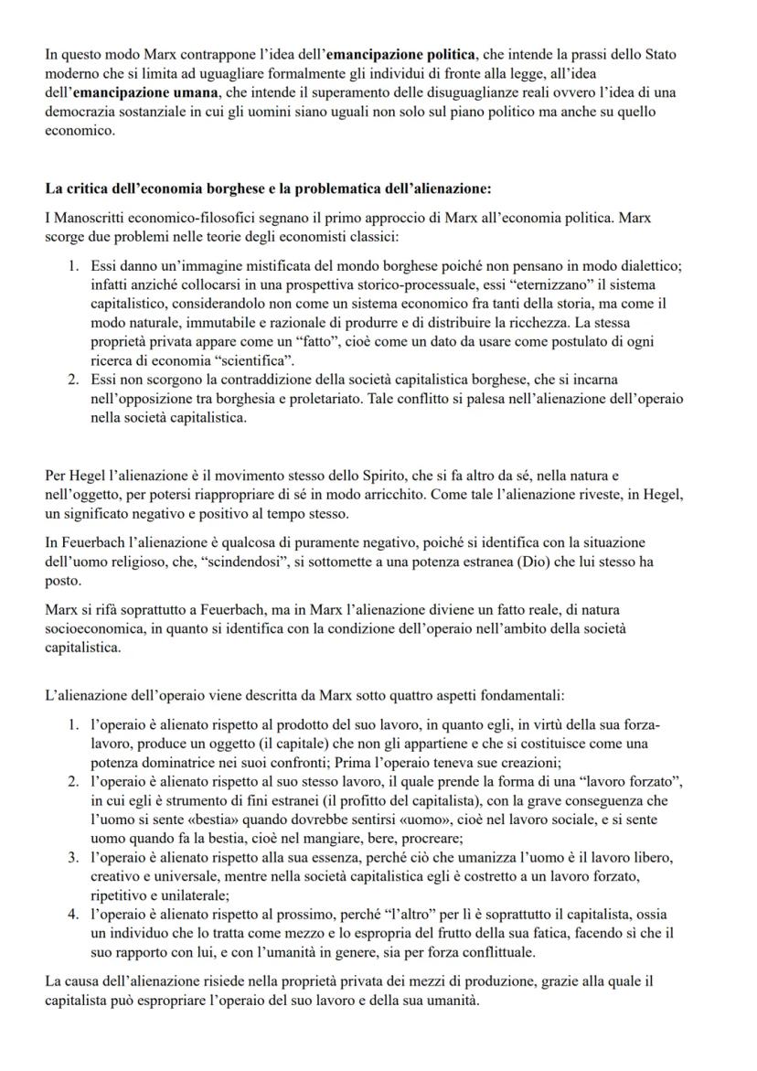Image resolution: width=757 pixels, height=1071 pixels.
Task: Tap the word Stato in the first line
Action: point(658,54)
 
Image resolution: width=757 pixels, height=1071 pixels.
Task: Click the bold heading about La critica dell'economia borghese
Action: point(268,189)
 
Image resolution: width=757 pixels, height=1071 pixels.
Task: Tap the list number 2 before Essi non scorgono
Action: point(74,380)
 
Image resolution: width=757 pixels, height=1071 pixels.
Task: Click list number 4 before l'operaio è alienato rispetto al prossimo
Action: point(74,916)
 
